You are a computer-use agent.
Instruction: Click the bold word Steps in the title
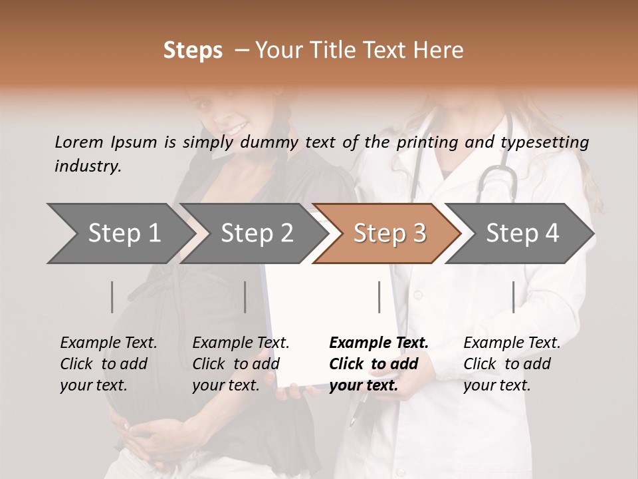pos(193,51)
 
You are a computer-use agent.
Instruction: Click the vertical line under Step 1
pos(112,297)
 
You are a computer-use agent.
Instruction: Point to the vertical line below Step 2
pos(245,297)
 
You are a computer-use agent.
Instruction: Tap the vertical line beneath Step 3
pos(379,297)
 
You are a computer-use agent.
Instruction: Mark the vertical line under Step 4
pos(513,297)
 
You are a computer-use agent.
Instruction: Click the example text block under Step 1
pos(108,364)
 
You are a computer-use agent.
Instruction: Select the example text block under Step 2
pos(241,364)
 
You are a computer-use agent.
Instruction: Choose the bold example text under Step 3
pos(378,364)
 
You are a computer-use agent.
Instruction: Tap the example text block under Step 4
pos(511,364)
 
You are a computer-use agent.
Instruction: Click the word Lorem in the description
pos(79,142)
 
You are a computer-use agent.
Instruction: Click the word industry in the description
pos(88,166)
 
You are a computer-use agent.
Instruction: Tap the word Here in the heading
pos(439,51)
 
